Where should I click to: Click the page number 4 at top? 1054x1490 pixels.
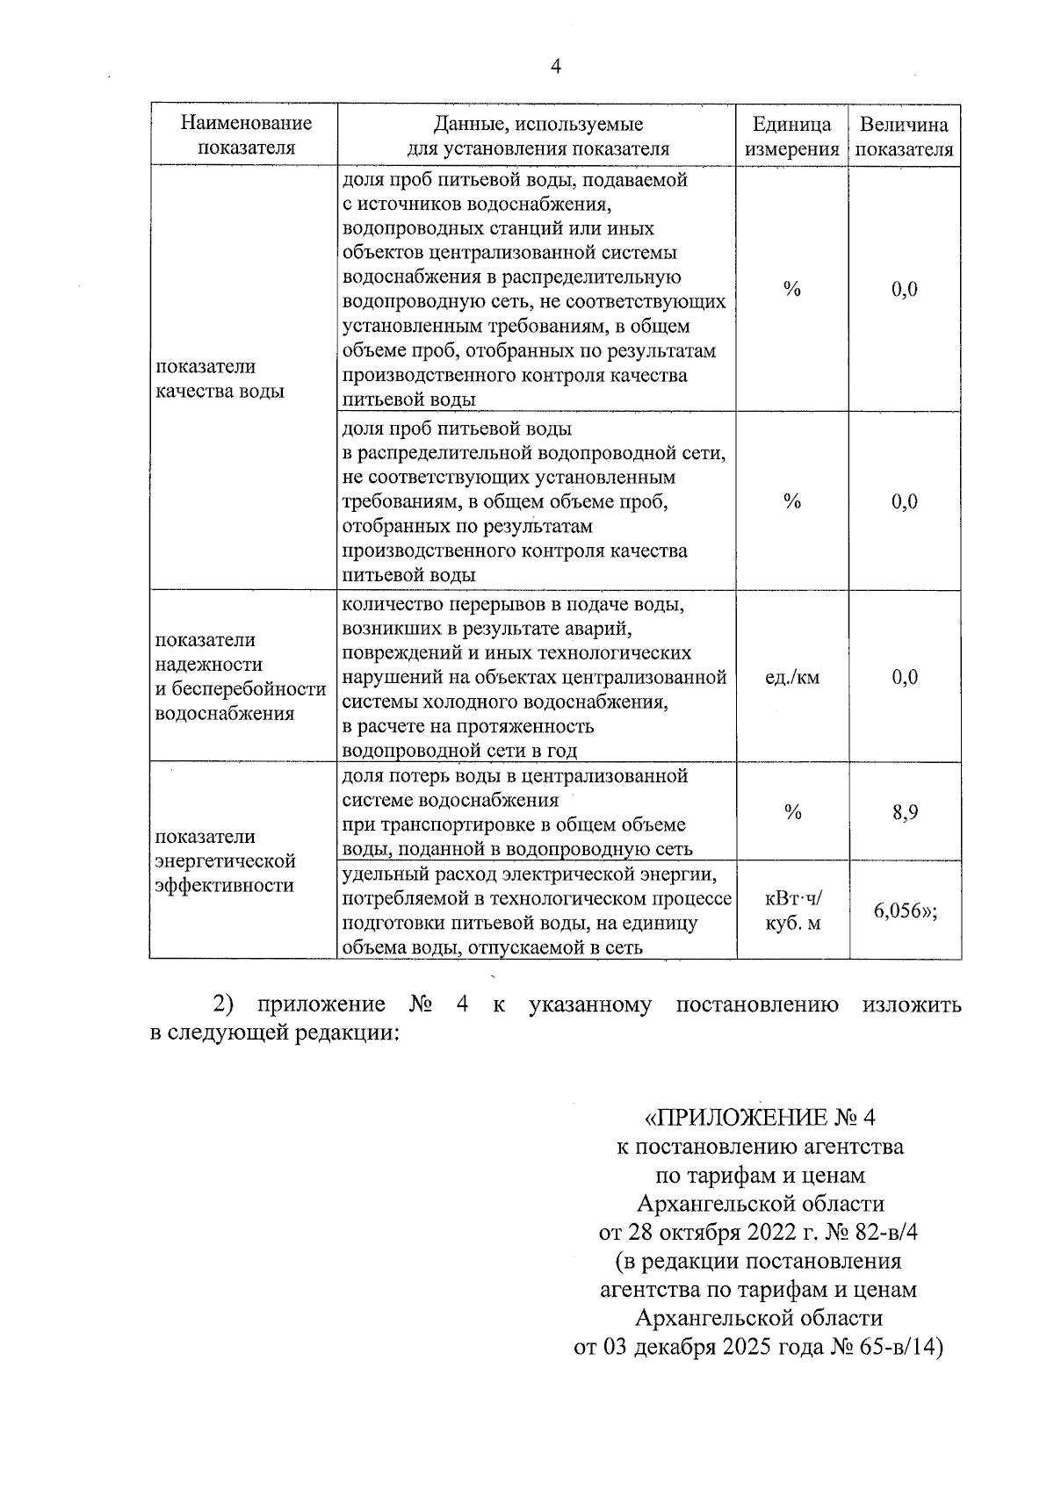click(x=554, y=68)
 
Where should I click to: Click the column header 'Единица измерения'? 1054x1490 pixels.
click(x=791, y=136)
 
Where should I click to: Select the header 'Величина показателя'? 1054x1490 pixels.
click(x=904, y=136)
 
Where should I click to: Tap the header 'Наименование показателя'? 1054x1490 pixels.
click(x=246, y=135)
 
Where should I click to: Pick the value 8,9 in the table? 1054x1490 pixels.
click(x=905, y=813)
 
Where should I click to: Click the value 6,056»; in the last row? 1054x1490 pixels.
click(x=905, y=911)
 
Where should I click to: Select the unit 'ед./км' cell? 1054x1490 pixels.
click(x=791, y=677)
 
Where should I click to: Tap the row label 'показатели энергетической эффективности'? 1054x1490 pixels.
click(x=224, y=860)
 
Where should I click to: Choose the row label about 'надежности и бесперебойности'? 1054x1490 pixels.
click(x=240, y=677)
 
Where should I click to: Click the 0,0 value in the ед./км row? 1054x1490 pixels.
click(x=905, y=677)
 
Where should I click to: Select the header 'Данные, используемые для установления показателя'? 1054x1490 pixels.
click(x=537, y=136)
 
